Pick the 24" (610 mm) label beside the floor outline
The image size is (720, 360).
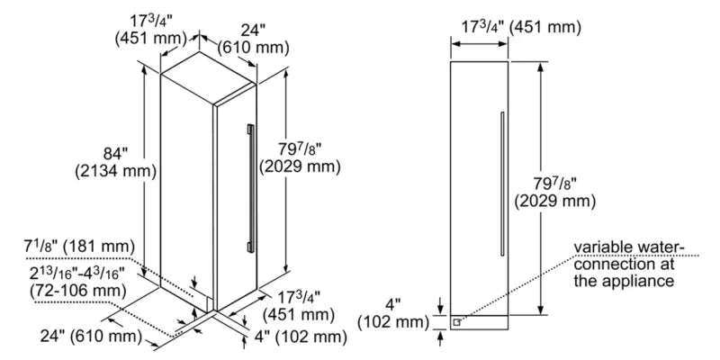pos(87,337)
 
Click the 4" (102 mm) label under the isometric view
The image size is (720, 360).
pos(302,337)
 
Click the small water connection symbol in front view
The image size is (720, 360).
pos(459,319)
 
